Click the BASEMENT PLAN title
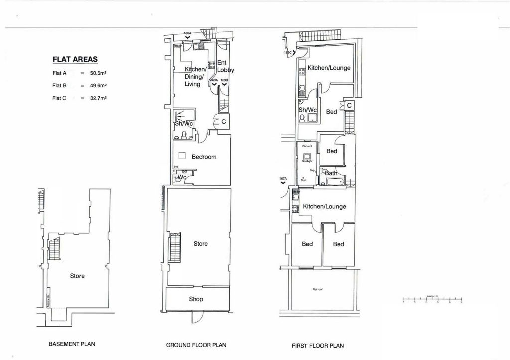pos(72,344)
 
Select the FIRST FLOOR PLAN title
pos(317,345)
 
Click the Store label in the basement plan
pos(77,276)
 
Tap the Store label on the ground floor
pos(200,244)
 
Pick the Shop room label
pos(195,299)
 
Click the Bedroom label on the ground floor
pos(204,157)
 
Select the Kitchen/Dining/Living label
pos(194,77)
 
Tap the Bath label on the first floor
pos(331,173)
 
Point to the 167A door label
pos(283,178)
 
